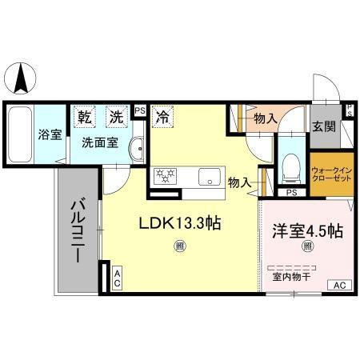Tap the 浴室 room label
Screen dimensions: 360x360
[x=50, y=134]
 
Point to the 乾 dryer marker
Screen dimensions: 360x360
[x=84, y=115]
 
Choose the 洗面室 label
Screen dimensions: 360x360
[x=100, y=146]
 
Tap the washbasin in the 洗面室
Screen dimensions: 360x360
[x=137, y=148]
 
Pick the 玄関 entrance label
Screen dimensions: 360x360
[x=324, y=126]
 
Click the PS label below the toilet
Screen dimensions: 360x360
[x=291, y=192]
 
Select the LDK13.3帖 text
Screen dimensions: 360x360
[x=182, y=225]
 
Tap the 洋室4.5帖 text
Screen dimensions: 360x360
[x=308, y=231]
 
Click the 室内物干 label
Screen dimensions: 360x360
[x=291, y=276]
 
